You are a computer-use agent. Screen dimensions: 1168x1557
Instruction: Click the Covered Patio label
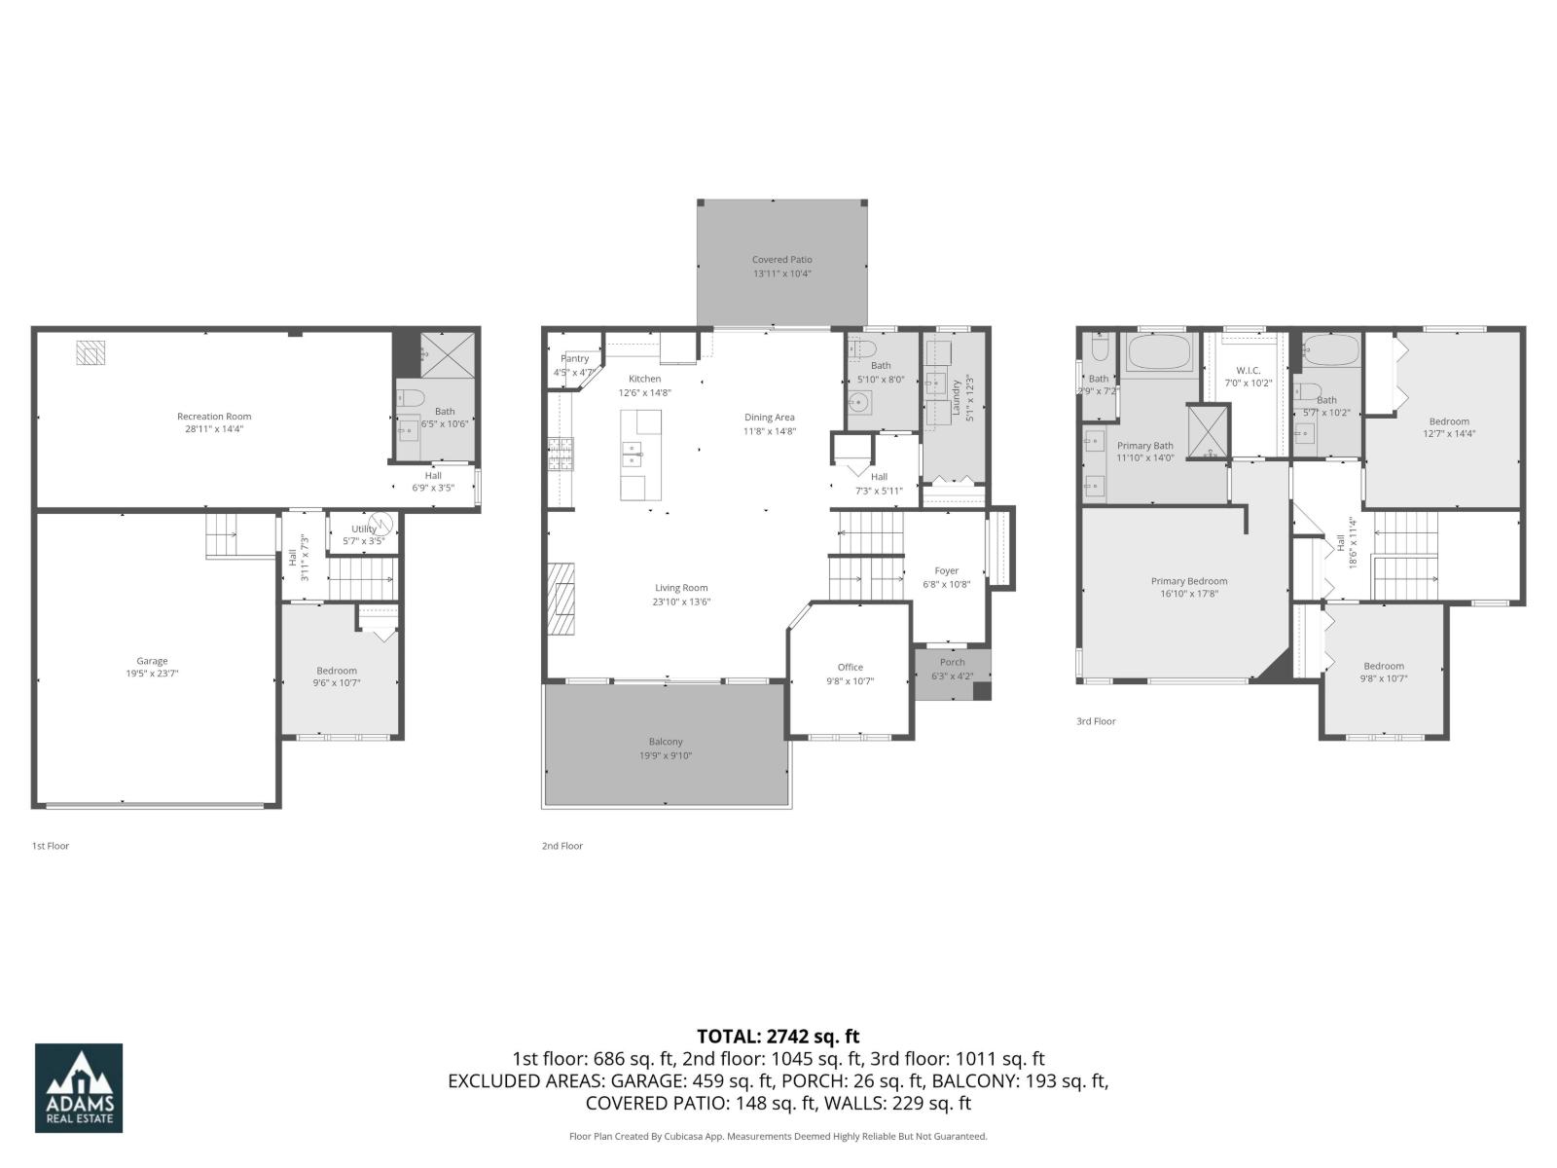click(x=781, y=260)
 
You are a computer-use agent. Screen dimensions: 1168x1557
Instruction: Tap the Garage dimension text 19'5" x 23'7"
click(x=152, y=674)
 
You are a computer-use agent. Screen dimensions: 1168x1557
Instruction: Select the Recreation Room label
click(x=214, y=417)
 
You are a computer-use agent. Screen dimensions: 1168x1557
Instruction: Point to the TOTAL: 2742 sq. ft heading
click(x=778, y=1037)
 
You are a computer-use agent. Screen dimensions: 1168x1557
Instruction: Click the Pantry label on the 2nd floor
click(x=574, y=359)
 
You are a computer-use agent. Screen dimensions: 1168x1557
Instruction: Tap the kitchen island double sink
click(x=634, y=451)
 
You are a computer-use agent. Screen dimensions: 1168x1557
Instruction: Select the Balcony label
click(x=666, y=742)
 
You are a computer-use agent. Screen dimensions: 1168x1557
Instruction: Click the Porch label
click(x=952, y=663)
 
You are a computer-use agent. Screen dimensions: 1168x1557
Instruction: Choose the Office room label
click(x=850, y=668)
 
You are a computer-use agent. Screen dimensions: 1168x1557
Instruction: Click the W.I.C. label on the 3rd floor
click(x=1248, y=371)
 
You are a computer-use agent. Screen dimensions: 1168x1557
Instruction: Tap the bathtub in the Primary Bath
click(x=1159, y=352)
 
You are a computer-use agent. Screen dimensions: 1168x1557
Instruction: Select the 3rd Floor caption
click(x=1096, y=721)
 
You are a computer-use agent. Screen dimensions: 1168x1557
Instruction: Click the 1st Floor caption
click(x=51, y=846)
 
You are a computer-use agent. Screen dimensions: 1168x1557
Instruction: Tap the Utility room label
click(x=363, y=529)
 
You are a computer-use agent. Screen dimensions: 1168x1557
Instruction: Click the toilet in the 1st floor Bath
click(x=409, y=398)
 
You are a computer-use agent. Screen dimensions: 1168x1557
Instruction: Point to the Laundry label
click(x=957, y=398)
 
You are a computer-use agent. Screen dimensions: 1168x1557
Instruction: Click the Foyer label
click(x=946, y=571)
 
